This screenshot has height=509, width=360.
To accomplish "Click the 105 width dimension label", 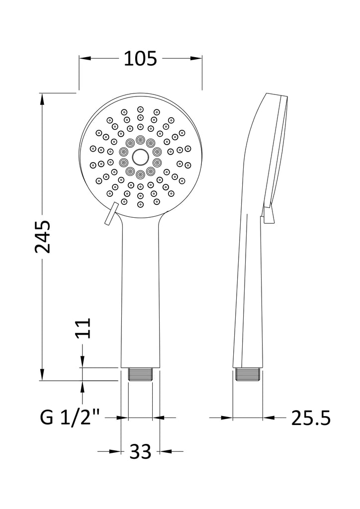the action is pos(140,59).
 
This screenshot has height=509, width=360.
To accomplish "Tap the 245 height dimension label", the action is pos(43,237).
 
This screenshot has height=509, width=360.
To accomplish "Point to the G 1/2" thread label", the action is pos(70,417).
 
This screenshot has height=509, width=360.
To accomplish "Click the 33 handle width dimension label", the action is pos(140,451).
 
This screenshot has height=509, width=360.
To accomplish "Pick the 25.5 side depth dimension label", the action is pos(311,418).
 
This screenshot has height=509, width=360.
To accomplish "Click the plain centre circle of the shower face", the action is pos(140,157).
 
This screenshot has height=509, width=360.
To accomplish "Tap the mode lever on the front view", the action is pos(111,213).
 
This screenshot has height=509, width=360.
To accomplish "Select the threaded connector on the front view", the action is pos(140,374).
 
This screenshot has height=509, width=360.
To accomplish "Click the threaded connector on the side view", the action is pos(248,374).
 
